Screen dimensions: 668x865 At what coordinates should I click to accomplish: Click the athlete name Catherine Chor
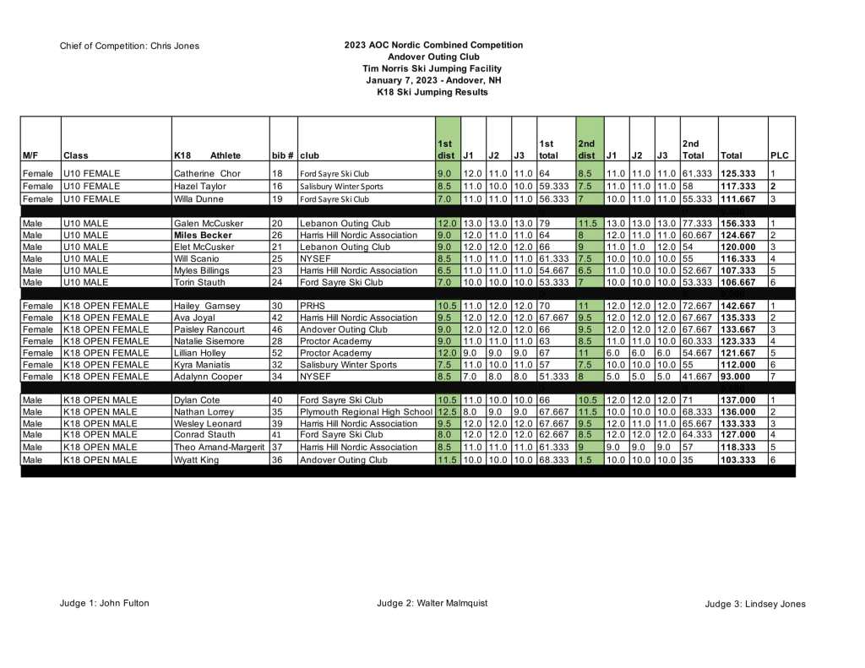[207, 174]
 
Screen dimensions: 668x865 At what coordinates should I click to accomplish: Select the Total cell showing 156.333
[737, 224]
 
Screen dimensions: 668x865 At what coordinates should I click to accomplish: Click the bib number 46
[276, 329]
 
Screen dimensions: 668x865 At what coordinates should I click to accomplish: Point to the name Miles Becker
[203, 236]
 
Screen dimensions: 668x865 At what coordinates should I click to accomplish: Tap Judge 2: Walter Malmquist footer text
[431, 603]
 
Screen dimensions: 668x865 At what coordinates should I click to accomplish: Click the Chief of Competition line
[129, 46]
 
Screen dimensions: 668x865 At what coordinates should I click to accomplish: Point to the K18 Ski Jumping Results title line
[432, 92]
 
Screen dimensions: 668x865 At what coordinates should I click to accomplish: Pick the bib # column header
[282, 155]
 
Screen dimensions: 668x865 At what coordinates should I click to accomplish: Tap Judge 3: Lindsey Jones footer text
[754, 604]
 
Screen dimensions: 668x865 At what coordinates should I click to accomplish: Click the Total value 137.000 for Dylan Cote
[737, 400]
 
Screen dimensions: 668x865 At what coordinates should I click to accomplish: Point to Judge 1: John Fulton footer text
[104, 603]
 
